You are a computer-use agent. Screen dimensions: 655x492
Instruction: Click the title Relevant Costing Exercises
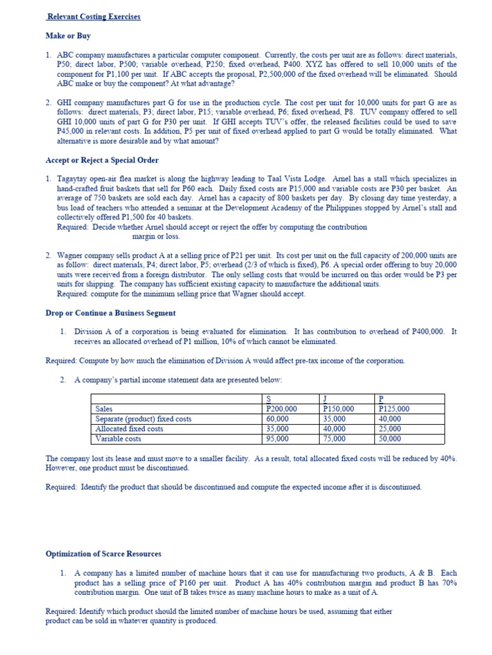click(x=94, y=17)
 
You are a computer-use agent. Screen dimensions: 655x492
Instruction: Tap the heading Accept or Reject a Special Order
click(x=102, y=160)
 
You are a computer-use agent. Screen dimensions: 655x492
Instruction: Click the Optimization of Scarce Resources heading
click(x=103, y=553)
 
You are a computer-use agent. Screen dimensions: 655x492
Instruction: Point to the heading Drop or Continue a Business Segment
click(x=110, y=313)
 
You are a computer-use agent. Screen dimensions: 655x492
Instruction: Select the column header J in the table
click(x=325, y=399)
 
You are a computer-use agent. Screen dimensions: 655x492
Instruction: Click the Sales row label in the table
click(x=104, y=409)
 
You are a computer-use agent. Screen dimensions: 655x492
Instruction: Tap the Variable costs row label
click(x=119, y=439)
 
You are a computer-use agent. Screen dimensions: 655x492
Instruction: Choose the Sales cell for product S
click(x=281, y=409)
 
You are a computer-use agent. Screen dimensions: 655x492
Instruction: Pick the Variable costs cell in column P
click(x=390, y=439)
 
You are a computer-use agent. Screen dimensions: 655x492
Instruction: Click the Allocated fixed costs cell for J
click(x=334, y=429)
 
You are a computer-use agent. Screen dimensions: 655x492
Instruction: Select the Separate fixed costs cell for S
click(x=277, y=419)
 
